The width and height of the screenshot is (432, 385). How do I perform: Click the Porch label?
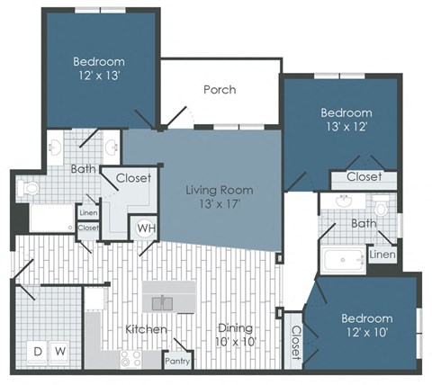pyautogui.click(x=220, y=89)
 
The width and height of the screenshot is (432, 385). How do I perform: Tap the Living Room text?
pyautogui.click(x=219, y=190)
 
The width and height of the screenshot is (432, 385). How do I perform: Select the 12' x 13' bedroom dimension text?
pyautogui.click(x=100, y=77)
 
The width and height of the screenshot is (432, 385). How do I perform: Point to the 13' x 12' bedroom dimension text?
pyautogui.click(x=346, y=129)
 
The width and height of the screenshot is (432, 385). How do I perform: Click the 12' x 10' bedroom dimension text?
pyautogui.click(x=366, y=334)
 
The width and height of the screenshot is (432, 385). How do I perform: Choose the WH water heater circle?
pyautogui.click(x=146, y=227)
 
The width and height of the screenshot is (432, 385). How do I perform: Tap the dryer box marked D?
pyautogui.click(x=39, y=349)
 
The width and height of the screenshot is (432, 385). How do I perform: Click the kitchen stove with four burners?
pyautogui.click(x=131, y=358)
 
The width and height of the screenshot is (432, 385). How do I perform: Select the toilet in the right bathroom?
pyautogui.click(x=381, y=206)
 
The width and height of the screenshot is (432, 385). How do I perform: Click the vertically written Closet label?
pyautogui.click(x=295, y=342)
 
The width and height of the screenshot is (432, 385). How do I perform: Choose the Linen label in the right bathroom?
pyautogui.click(x=382, y=256)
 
